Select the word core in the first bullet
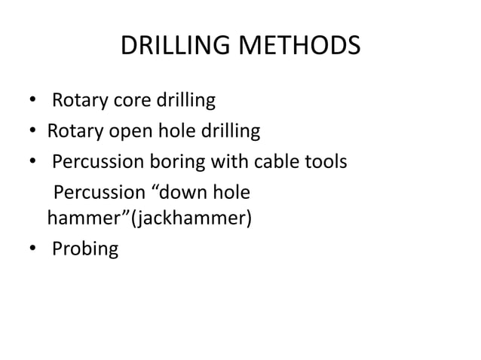pos(128,100)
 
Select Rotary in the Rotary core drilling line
pos(78,100)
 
